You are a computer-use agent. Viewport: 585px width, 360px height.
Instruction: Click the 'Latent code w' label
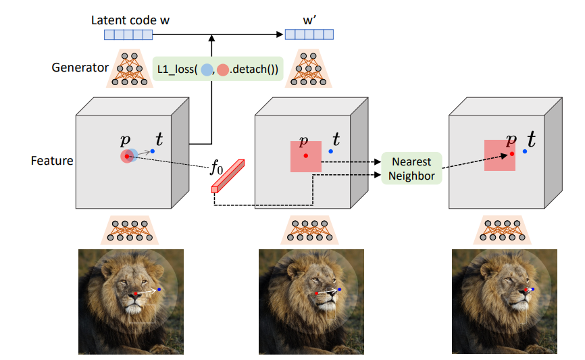click(130, 20)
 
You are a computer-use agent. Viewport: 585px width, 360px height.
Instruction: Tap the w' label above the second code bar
click(309, 20)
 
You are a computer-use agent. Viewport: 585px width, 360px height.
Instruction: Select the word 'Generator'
click(80, 68)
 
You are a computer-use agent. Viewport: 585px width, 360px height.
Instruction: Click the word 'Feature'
click(52, 161)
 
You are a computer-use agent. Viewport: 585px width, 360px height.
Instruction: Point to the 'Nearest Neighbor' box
click(411, 168)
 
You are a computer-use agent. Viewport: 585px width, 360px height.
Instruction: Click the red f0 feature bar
click(228, 176)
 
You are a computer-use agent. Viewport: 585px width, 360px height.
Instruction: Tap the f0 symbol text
click(216, 167)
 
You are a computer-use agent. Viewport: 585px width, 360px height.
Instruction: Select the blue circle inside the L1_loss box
click(207, 70)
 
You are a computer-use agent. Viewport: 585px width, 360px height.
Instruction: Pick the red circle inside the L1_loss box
click(223, 70)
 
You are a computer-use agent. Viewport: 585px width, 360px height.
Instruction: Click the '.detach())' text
click(254, 70)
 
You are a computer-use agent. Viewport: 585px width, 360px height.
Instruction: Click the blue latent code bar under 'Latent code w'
click(128, 34)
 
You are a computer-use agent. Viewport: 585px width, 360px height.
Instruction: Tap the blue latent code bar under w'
click(309, 34)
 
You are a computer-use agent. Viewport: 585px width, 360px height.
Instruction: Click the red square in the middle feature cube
click(306, 157)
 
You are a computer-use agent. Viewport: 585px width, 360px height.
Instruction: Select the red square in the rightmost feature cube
click(500, 155)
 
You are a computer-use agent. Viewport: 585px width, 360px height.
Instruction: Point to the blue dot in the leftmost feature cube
click(152, 151)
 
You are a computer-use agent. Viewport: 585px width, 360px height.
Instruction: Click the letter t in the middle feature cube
click(336, 139)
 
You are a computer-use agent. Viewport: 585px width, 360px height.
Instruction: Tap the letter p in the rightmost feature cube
click(511, 140)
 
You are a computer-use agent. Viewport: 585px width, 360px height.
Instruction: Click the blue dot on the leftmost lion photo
click(159, 290)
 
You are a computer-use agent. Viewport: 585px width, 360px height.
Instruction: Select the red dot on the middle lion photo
click(316, 294)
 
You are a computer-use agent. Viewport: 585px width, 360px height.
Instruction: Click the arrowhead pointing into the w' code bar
click(280, 34)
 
